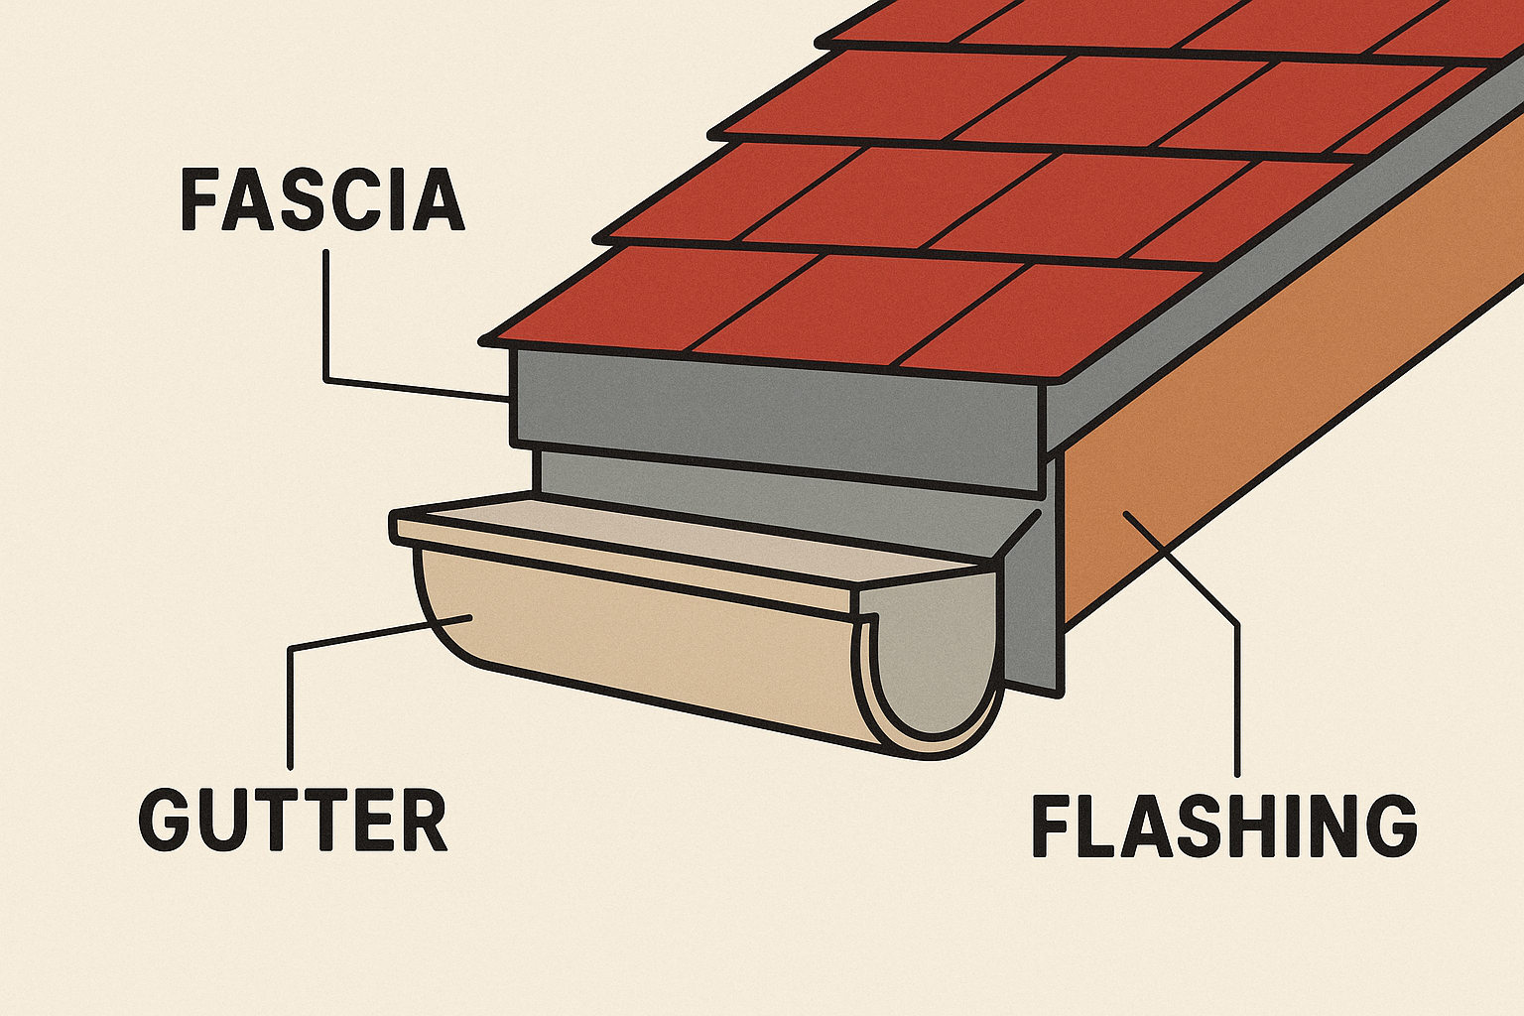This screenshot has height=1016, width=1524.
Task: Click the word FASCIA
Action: click(322, 199)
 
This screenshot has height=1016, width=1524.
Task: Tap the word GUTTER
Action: click(294, 820)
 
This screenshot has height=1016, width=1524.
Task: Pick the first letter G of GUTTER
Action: click(167, 820)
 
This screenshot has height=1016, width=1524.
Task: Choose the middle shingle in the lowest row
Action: click(858, 310)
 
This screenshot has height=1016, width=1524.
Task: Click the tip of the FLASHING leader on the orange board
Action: click(1125, 512)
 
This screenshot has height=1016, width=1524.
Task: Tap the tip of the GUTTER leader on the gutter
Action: click(470, 617)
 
